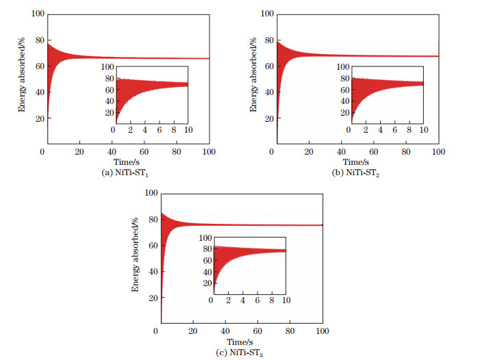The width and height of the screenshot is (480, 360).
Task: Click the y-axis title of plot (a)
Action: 21,78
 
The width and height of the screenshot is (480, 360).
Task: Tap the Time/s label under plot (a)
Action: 126,162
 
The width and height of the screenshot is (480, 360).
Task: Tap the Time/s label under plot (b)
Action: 355,162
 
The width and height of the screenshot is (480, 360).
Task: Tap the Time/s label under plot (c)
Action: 240,341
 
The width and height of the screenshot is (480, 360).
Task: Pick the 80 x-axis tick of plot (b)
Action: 405,152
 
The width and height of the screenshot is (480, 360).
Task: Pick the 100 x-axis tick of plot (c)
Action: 322,331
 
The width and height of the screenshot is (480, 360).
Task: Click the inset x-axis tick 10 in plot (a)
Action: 188,130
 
